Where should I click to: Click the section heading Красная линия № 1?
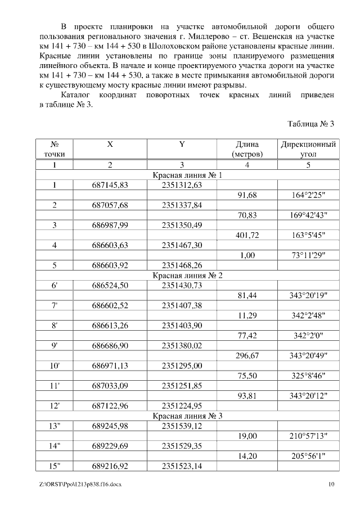(188, 175)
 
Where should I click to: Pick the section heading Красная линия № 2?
(188, 275)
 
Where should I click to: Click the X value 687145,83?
(110, 185)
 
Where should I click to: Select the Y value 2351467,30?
(182, 245)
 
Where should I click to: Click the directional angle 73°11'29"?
(308, 255)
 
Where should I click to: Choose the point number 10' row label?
(55, 366)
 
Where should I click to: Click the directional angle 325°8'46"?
(308, 376)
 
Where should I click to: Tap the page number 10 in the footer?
(331, 484)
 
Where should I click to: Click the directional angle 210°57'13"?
(308, 436)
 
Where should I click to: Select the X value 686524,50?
(110, 285)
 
